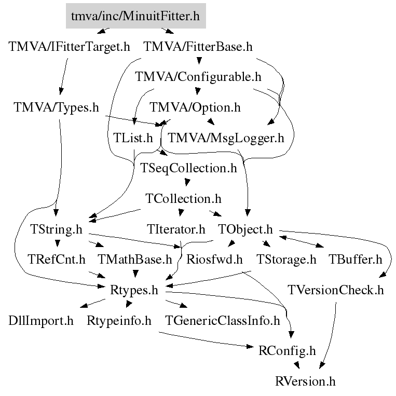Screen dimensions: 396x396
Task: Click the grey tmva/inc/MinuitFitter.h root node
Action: [x=136, y=16]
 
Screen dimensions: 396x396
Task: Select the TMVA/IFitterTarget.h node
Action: [x=69, y=47]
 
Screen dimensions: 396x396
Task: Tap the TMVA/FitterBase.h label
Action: [x=198, y=47]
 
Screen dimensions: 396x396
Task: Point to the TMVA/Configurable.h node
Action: [x=198, y=77]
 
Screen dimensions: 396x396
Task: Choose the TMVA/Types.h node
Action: [x=57, y=107]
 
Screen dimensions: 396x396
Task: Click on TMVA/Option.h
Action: [x=196, y=107]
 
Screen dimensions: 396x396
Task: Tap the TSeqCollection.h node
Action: [x=189, y=168]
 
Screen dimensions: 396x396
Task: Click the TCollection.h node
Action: [x=184, y=199]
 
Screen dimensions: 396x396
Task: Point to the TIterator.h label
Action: [x=175, y=229]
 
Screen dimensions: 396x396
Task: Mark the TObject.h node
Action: [x=245, y=229]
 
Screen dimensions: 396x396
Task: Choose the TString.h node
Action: [x=57, y=229]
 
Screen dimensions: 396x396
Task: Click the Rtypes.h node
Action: [x=134, y=290]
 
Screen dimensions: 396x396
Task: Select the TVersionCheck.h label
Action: [x=336, y=290]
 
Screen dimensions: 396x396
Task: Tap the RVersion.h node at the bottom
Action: [x=305, y=381]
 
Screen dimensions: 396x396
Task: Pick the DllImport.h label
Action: [x=42, y=320]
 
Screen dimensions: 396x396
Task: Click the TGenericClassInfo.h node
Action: [x=222, y=320]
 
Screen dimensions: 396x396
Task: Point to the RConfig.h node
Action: [x=287, y=350]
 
